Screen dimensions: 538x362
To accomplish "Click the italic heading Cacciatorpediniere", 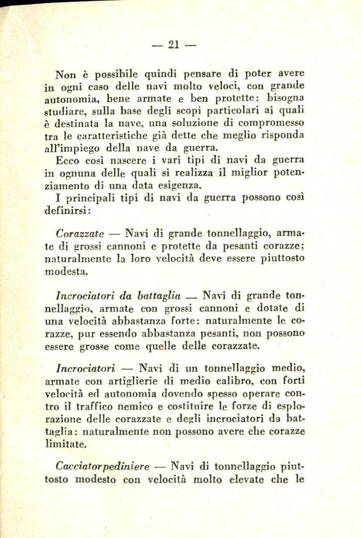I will point(102,467).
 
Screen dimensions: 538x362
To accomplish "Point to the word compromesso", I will point(271,123).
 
